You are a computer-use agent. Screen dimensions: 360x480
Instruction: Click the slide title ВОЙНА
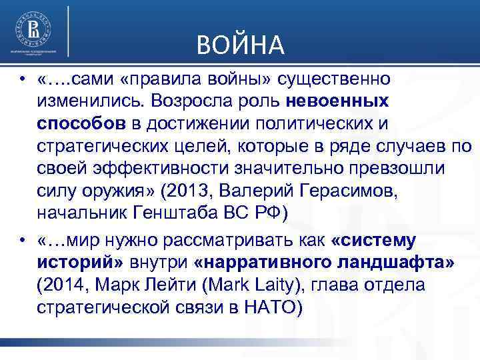click(241, 45)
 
